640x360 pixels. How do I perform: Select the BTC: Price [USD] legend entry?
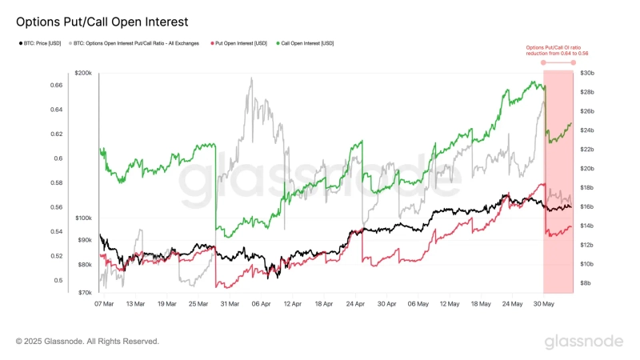click(x=40, y=43)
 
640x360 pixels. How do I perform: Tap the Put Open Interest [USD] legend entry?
click(x=238, y=43)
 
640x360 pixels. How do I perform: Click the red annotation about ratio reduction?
click(x=552, y=50)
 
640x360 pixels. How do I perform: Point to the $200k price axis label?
click(x=84, y=74)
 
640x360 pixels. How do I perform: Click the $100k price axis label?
click(x=84, y=218)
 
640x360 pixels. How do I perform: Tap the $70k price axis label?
click(x=86, y=294)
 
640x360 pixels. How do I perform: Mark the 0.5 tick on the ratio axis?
click(x=58, y=281)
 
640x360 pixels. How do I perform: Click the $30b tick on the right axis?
click(x=587, y=74)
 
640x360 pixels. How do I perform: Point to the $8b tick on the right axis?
click(x=586, y=283)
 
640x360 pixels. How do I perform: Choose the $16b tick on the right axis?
click(x=587, y=206)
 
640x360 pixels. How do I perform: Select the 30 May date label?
click(x=543, y=304)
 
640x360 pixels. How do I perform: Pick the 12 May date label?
click(x=449, y=304)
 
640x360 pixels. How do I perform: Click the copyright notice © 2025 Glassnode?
click(x=88, y=342)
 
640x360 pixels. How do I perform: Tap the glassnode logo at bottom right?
click(x=583, y=342)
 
